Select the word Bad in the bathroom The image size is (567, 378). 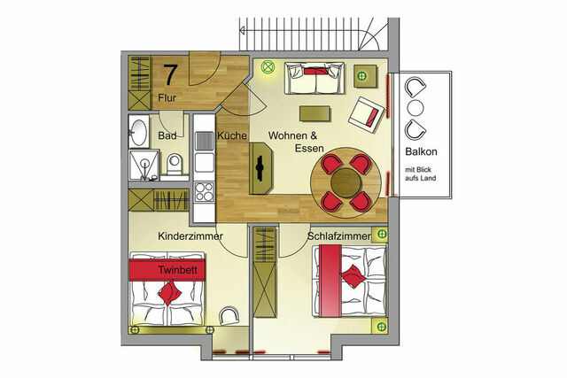click(167, 135)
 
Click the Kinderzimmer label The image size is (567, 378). click(190, 237)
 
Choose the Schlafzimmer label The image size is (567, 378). click(340, 237)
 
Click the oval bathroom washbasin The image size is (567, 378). click(140, 132)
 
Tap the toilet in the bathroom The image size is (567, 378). click(175, 164)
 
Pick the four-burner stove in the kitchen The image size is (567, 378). click(205, 190)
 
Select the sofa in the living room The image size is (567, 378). click(315, 80)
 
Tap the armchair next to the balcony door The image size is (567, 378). click(367, 113)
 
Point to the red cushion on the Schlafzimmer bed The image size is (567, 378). click(353, 274)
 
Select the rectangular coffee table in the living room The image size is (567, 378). click(315, 113)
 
